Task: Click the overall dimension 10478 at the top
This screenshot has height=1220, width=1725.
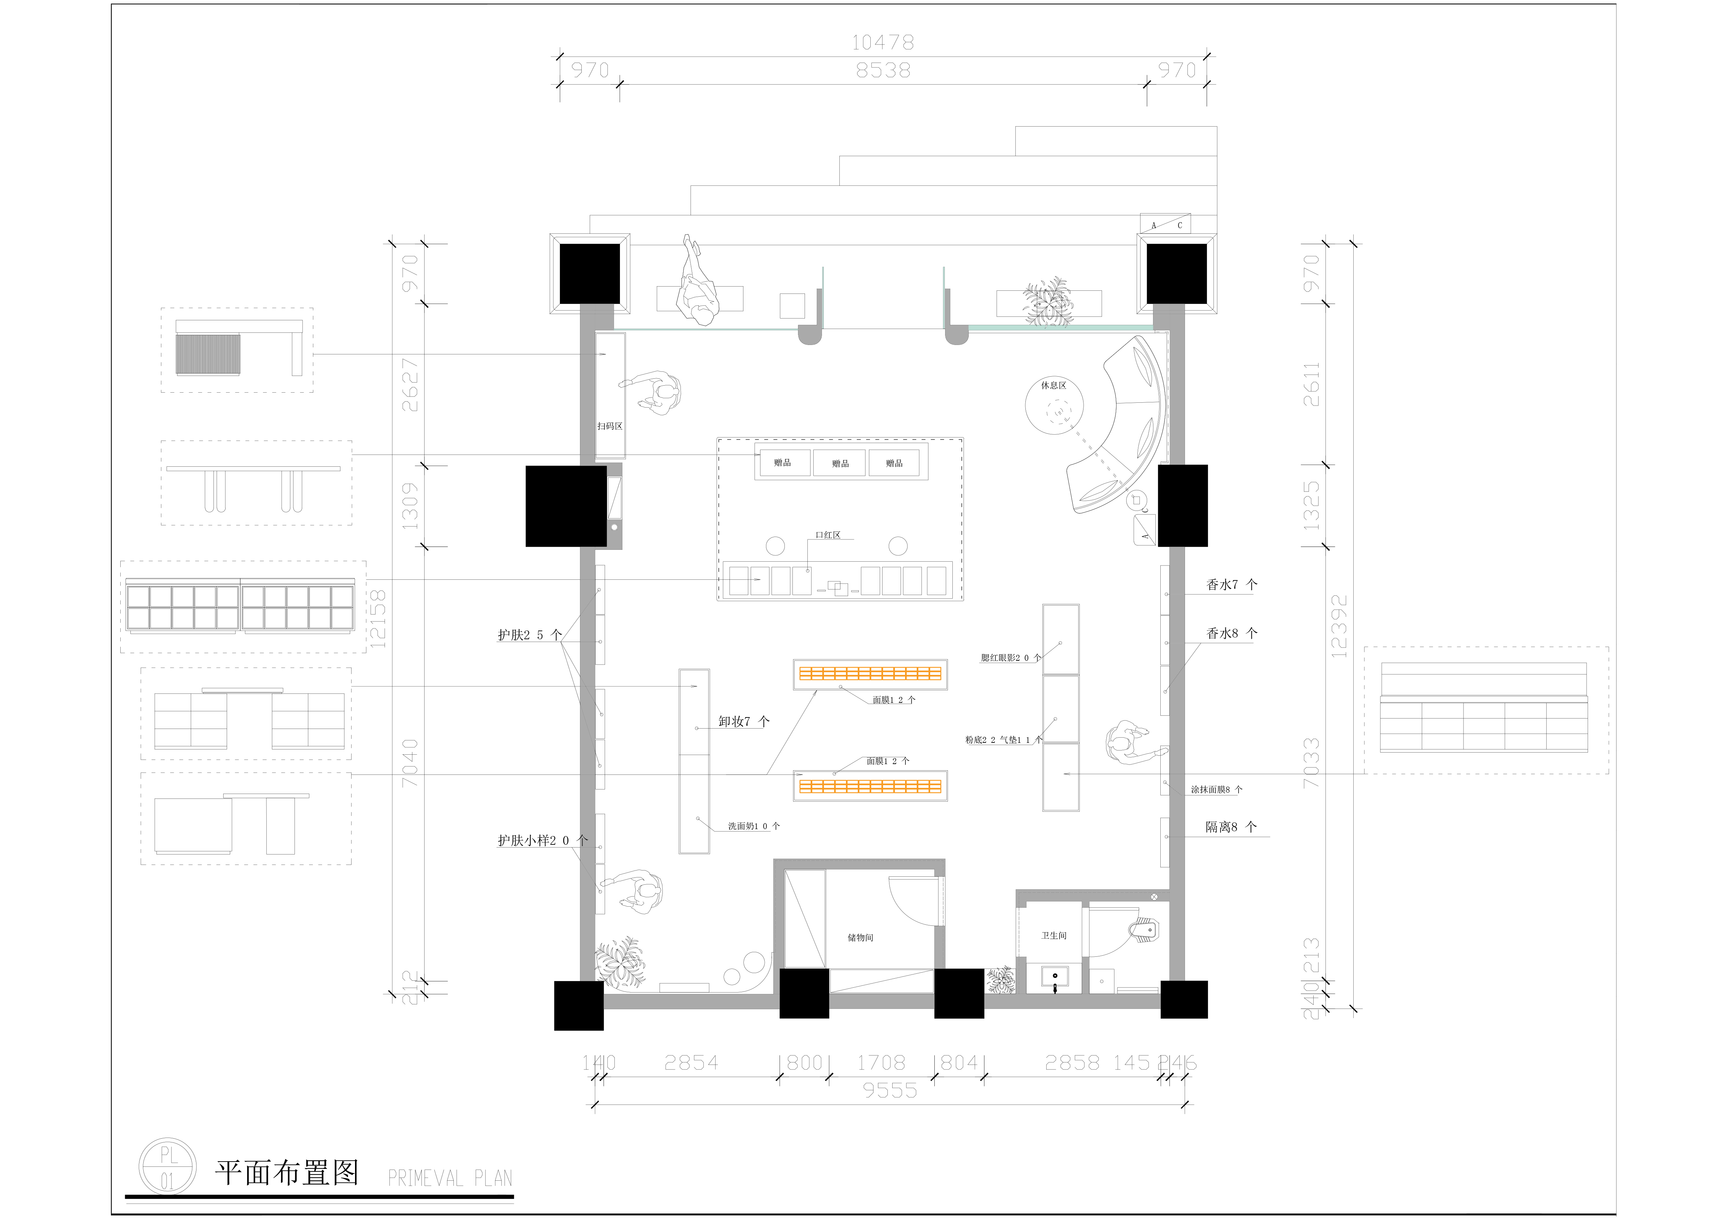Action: pyautogui.click(x=883, y=43)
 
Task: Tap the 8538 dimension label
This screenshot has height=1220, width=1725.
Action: pyautogui.click(x=883, y=71)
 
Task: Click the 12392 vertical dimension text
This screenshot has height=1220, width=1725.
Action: pyautogui.click(x=1339, y=627)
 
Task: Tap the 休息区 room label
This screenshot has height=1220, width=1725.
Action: pyautogui.click(x=1053, y=385)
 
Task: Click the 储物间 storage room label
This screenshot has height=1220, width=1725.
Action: pyautogui.click(x=860, y=938)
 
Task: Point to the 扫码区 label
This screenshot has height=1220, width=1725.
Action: pyautogui.click(x=609, y=426)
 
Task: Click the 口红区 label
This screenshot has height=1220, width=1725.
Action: pyautogui.click(x=828, y=535)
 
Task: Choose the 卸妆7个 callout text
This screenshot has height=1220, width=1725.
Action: pyautogui.click(x=743, y=721)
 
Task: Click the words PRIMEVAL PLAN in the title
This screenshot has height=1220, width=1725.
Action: pyautogui.click(x=449, y=1178)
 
